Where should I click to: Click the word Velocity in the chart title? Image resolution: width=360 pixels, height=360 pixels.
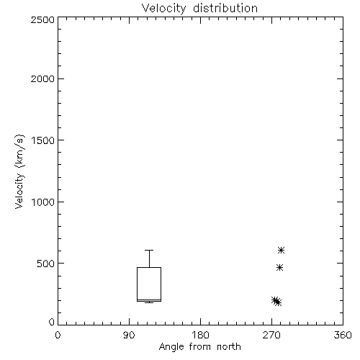tap(163, 9)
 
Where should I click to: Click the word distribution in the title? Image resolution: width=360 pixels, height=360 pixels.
tap(225, 8)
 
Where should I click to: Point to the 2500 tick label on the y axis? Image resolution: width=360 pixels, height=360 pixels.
tap(42, 19)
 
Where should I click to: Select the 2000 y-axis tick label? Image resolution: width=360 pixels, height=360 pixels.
tap(42, 79)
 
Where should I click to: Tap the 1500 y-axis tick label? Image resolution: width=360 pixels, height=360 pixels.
tap(43, 140)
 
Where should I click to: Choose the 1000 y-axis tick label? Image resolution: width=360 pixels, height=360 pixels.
tap(43, 202)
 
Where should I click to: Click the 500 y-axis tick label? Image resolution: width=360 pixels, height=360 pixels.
tap(46, 264)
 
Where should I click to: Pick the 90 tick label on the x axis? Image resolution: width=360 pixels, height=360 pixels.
tap(129, 335)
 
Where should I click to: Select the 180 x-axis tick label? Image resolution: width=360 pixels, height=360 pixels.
tap(200, 335)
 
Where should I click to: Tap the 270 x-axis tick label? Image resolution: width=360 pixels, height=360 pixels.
tap(271, 335)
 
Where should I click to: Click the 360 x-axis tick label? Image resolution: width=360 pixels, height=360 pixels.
tap(343, 335)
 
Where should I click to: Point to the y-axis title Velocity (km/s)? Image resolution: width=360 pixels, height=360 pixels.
tap(19, 171)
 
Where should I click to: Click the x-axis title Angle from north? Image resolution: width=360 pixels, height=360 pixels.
tap(199, 347)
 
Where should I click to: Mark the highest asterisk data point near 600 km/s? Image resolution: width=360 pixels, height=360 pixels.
tap(281, 251)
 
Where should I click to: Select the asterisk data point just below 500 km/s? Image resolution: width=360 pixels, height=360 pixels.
tap(279, 268)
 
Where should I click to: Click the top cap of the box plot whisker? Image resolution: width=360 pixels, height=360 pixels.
tap(149, 250)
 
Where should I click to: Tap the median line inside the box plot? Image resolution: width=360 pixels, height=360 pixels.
tap(149, 300)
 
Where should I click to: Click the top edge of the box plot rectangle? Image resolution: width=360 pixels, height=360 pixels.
tap(149, 267)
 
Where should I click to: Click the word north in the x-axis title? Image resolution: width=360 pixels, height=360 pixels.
tap(229, 347)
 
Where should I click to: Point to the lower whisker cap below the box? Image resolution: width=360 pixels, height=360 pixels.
tap(149, 302)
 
